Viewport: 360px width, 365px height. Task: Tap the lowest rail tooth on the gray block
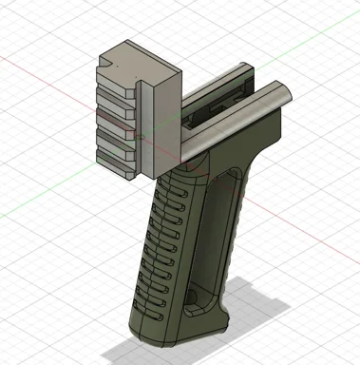point(116,168)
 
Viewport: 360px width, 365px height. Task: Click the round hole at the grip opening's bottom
point(196,298)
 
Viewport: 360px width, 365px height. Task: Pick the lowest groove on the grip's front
point(148,308)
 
